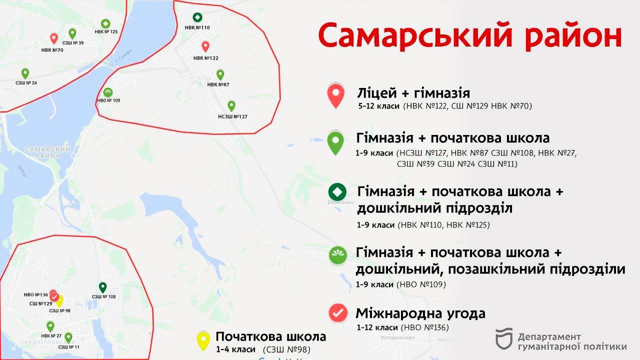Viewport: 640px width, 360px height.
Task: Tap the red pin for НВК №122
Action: coord(205,46)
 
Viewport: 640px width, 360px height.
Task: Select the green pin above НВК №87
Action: coord(220,74)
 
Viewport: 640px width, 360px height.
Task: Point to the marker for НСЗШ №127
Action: coord(231,105)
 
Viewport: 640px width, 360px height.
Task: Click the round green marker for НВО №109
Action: coord(108,92)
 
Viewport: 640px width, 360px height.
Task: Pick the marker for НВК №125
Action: coord(105,23)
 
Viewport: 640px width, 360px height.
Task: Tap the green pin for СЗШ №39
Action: coord(72,33)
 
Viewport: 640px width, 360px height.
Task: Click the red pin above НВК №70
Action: coord(54,38)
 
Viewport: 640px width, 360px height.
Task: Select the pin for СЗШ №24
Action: coord(25,73)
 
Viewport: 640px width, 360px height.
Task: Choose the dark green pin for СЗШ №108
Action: coord(102,287)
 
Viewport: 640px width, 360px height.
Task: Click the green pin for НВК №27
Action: coord(50,326)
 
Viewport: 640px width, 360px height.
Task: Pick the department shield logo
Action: coord(504,338)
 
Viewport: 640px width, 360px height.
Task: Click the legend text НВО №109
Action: coord(421,284)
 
